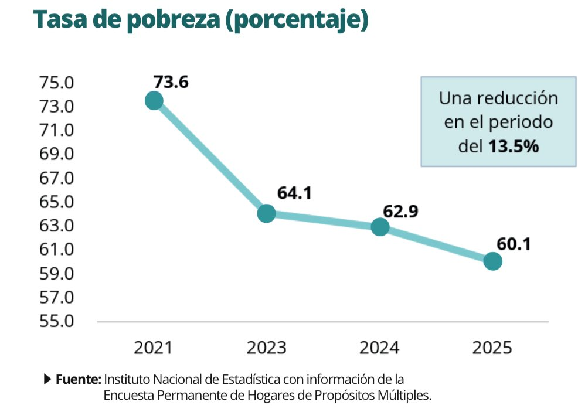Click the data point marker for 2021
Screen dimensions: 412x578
click(x=154, y=101)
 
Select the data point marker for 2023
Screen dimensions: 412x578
click(x=266, y=213)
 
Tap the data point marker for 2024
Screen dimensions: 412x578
click(x=380, y=227)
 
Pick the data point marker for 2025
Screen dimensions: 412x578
click(x=492, y=261)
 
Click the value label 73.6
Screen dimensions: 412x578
click(x=171, y=82)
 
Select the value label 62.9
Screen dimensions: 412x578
click(x=400, y=212)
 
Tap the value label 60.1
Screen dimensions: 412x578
click(x=514, y=244)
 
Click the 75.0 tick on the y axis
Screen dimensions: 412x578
click(x=56, y=83)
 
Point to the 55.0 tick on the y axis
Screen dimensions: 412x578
click(x=56, y=321)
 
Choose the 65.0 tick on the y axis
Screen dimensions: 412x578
click(x=56, y=202)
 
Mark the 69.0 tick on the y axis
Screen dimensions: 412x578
click(x=56, y=154)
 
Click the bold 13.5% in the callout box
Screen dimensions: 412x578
click(x=514, y=147)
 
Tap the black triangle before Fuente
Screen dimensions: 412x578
click(x=48, y=379)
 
